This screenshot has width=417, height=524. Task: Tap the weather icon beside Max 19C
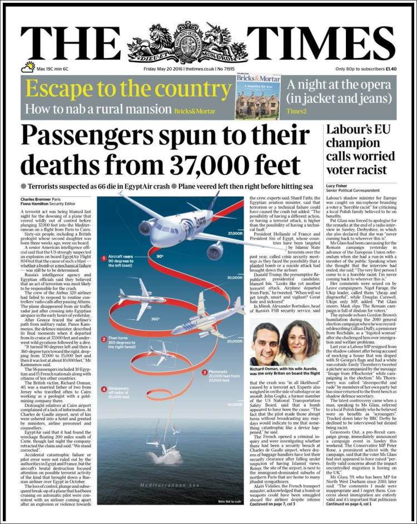pos(28,68)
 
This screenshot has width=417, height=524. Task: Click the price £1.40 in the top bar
pos(391,69)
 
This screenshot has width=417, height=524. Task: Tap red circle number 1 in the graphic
pos(103,257)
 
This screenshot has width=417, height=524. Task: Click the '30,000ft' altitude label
pos(235,277)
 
